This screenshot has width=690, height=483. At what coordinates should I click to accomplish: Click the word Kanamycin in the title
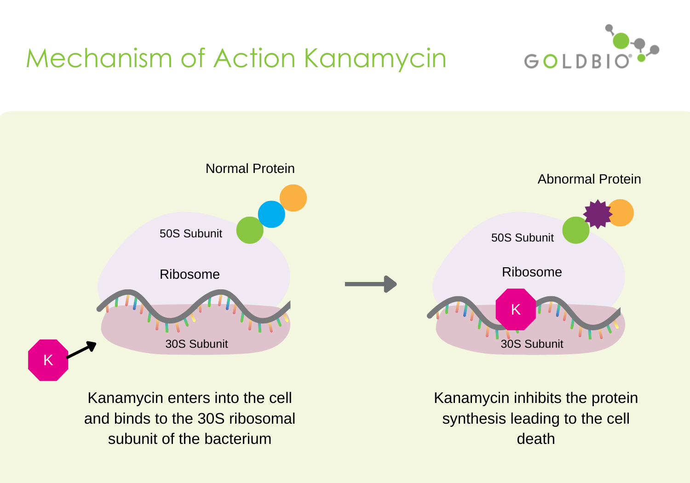tap(375, 59)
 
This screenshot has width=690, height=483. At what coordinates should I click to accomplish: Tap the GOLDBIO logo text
tap(577, 61)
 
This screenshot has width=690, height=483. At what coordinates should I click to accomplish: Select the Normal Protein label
tap(250, 169)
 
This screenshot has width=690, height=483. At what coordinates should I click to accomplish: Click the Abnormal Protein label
tap(589, 179)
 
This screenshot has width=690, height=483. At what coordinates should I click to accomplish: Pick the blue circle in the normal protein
tap(271, 214)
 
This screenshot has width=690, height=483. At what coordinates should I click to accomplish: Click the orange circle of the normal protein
tap(293, 198)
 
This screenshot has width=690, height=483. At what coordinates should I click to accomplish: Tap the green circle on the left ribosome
tap(250, 230)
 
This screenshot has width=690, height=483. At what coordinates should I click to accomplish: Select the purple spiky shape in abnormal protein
tap(597, 214)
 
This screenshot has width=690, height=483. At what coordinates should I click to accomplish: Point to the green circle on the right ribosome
tap(575, 230)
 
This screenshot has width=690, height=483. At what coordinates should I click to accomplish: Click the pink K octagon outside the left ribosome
tap(48, 360)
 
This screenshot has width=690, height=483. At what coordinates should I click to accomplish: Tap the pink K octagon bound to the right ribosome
tap(516, 310)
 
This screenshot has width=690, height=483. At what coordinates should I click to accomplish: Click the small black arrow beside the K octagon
tap(82, 350)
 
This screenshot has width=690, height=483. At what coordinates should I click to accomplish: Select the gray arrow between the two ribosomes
tap(370, 284)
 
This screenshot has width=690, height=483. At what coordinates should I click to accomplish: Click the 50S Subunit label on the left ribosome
tap(190, 234)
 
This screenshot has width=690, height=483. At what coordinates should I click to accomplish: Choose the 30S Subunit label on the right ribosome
tap(532, 344)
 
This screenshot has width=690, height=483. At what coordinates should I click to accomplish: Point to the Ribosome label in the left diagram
tap(190, 275)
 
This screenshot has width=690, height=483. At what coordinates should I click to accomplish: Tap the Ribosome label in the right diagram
tap(532, 272)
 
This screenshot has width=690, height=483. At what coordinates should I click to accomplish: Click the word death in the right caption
tap(535, 439)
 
